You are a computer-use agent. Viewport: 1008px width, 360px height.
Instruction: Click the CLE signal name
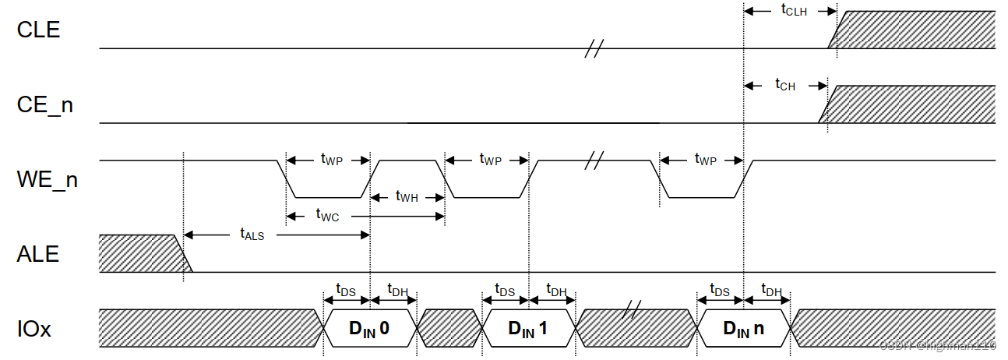(x=38, y=30)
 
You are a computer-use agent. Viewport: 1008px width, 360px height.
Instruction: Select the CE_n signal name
(x=44, y=104)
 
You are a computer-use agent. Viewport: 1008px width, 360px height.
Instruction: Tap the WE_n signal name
(x=47, y=180)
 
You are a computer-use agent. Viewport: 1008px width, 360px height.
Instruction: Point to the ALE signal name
(x=37, y=254)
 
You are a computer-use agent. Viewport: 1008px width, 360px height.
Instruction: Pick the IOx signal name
(x=34, y=329)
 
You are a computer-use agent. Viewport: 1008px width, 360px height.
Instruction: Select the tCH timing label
(x=785, y=85)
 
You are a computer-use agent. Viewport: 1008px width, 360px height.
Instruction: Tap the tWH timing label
(x=407, y=197)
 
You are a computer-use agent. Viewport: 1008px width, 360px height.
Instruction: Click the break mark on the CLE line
(x=594, y=51)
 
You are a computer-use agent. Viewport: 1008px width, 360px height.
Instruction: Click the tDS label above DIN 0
(x=346, y=291)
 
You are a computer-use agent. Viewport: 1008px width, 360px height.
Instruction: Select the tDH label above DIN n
(x=771, y=291)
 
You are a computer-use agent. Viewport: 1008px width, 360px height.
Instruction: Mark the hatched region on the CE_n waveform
(x=911, y=104)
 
